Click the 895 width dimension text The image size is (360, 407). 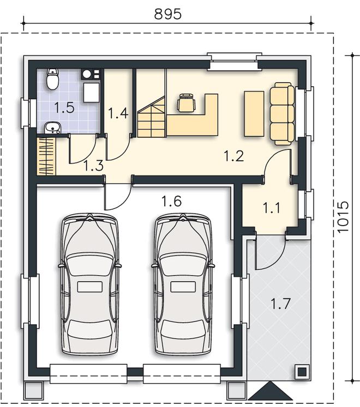coord(167,14)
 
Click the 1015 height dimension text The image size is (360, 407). coord(343,217)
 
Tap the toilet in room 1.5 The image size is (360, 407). coord(52,79)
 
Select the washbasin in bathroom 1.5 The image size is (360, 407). coord(53,127)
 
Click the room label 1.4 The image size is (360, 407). coord(118,113)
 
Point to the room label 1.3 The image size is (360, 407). coord(94,166)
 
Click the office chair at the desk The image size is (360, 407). coord(186,102)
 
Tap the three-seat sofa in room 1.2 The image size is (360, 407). coord(283,113)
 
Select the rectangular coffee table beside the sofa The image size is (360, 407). coord(254,113)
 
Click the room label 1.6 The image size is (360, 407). coord(171,202)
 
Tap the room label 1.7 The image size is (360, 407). coord(280,304)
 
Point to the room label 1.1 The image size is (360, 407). coord(272,208)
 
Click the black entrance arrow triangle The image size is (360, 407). coord(271,391)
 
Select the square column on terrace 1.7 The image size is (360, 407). coord(302,372)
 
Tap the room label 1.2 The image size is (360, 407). coord(234,156)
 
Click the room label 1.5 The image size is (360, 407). coord(64,108)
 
